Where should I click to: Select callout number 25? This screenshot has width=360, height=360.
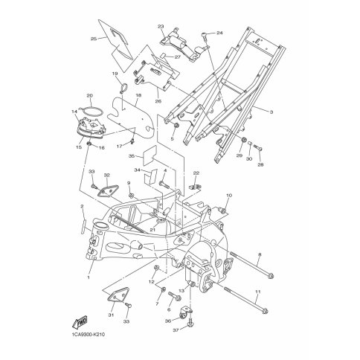[94, 39]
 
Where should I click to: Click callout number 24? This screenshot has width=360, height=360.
[219, 33]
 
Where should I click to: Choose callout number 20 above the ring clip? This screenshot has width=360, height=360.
[89, 95]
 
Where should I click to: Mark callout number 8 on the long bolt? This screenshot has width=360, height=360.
[260, 254]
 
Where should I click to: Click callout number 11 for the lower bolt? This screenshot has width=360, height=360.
[258, 292]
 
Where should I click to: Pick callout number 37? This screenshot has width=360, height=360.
[176, 330]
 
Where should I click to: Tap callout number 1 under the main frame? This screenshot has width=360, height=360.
[88, 277]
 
